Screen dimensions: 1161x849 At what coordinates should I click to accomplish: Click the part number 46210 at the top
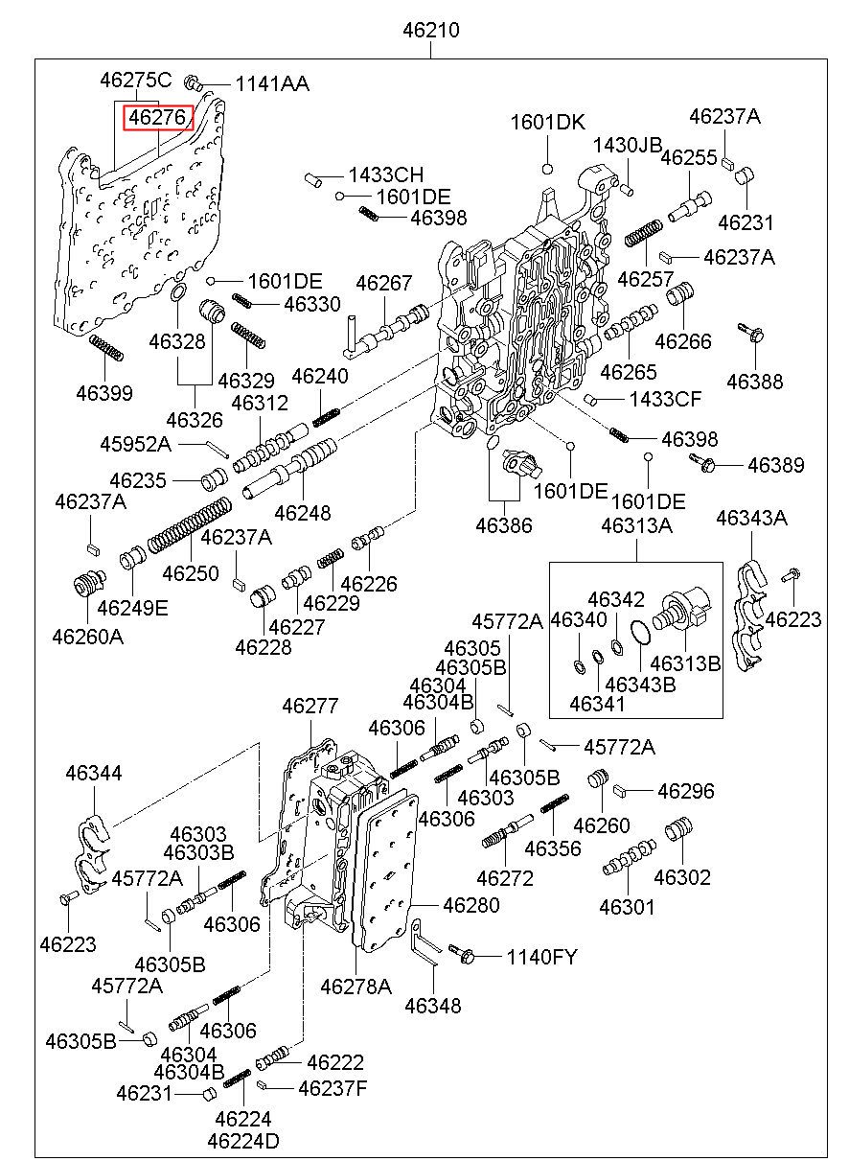(430, 31)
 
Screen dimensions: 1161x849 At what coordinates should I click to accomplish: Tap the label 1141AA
(259, 84)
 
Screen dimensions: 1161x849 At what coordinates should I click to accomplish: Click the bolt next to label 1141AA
(192, 82)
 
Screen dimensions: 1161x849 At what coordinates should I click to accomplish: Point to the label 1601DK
(546, 122)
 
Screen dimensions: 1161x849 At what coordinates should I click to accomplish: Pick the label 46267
(383, 284)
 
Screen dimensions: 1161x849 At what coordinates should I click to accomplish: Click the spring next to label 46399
(106, 349)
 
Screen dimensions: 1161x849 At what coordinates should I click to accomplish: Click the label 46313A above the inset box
(636, 525)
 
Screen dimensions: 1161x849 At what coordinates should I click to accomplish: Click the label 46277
(310, 707)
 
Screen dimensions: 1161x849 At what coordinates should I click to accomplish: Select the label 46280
(471, 904)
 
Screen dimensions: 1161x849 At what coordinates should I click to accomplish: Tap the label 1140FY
(541, 956)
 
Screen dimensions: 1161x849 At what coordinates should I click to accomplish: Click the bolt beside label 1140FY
(463, 955)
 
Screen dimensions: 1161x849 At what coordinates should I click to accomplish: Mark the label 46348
(433, 1005)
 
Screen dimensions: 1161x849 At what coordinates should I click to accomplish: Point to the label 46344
(94, 773)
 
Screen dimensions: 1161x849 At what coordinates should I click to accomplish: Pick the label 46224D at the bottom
(243, 1141)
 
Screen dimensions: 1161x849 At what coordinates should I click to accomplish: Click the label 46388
(754, 381)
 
